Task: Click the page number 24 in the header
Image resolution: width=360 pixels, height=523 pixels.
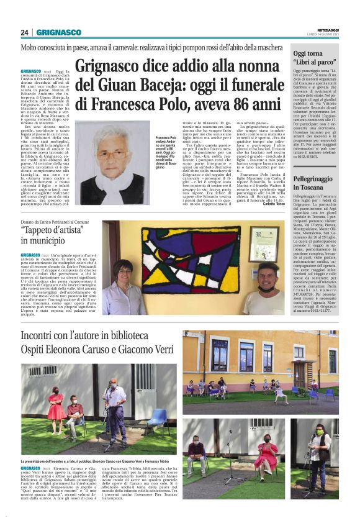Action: pyautogui.click(x=25, y=32)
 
